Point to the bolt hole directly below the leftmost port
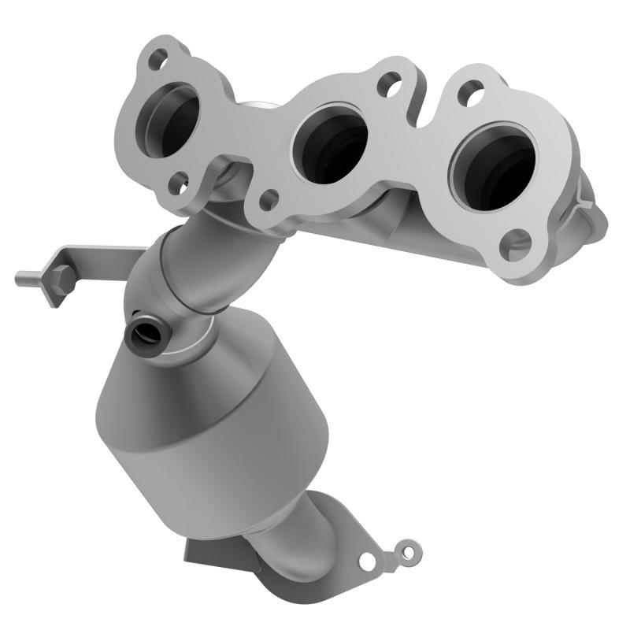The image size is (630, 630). (180, 185)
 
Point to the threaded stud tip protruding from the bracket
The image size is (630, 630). (22, 277)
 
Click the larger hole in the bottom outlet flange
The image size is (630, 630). (367, 560)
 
